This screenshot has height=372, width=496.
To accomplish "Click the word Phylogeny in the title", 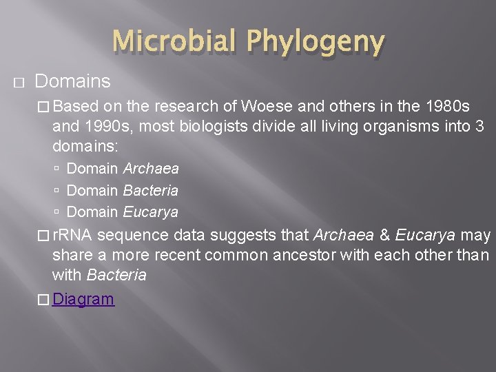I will coord(316,43).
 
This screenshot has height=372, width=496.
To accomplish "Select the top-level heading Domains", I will coord(72,81).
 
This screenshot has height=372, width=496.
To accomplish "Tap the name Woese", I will coord(248,107).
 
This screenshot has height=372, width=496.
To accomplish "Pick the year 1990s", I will coord(105,127).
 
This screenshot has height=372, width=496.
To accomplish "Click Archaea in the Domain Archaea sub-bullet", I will coord(151,169).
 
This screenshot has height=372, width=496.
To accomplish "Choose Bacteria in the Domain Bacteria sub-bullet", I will coord(150,190).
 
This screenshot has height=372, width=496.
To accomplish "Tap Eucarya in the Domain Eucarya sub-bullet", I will coord(150,211).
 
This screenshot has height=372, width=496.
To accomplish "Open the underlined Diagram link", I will coord(83,299).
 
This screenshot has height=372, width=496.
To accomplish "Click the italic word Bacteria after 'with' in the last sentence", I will coord(116,275).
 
